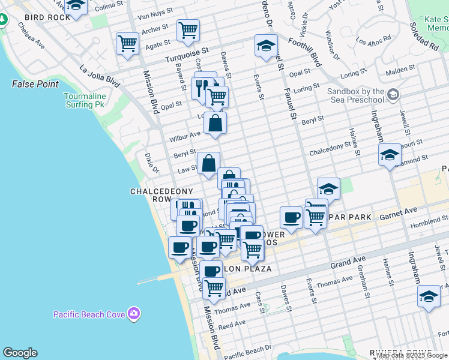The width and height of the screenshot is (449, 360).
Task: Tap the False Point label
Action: pos(35,84)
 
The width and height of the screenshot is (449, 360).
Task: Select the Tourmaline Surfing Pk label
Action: pos(86,100)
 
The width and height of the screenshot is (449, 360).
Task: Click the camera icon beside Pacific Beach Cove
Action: pos(133,313)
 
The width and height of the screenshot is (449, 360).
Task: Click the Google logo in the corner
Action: pos(20,353)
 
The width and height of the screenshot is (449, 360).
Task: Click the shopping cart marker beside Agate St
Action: pos(128,43)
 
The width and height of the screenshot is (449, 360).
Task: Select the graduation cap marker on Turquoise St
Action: pos(265,45)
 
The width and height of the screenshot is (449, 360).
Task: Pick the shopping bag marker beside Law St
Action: pos(208,163)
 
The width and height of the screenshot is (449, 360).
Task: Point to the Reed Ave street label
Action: pos(232,324)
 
